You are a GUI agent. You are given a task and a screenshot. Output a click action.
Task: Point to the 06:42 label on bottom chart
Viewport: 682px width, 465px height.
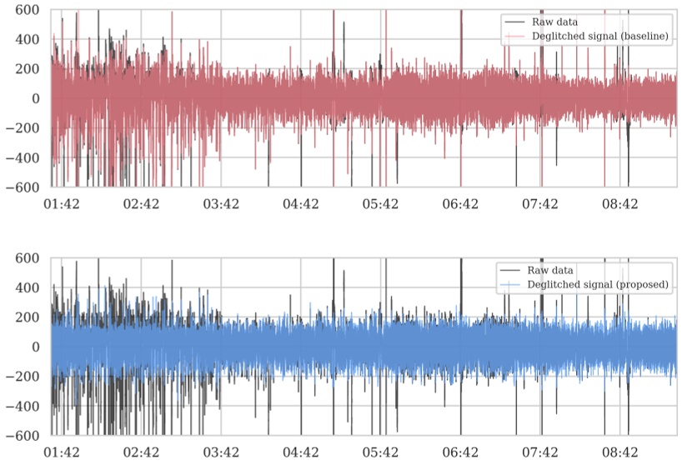(460, 452)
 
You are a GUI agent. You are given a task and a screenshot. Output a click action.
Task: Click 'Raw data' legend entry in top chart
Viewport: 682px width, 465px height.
(551, 22)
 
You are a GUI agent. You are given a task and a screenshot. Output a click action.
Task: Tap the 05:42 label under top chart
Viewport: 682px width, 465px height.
(380, 203)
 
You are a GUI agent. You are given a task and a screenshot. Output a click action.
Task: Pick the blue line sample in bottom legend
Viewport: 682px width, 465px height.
(509, 284)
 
